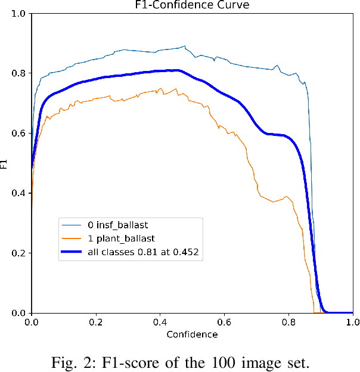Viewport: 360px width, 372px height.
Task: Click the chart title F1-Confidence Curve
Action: click(192, 6)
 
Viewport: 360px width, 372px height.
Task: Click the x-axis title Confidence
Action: click(192, 334)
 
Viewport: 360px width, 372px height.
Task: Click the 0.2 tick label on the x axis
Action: click(96, 322)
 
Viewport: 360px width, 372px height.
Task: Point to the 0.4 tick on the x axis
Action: click(160, 322)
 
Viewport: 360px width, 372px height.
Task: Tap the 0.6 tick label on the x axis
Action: click(224, 322)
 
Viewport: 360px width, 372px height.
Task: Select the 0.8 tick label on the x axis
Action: click(288, 322)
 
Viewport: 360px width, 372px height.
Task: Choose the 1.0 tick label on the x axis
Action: click(352, 322)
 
